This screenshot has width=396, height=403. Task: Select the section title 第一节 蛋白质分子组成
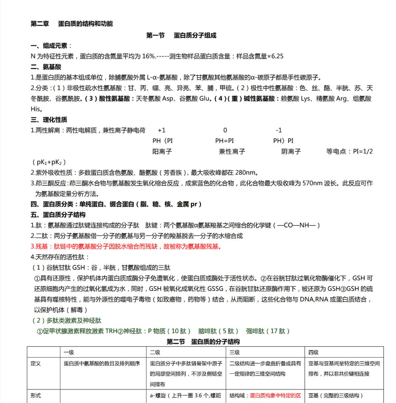click(x=181, y=36)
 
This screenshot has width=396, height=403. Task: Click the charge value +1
click(x=162, y=131)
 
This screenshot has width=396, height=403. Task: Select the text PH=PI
click(x=224, y=141)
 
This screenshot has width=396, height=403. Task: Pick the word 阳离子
click(x=162, y=151)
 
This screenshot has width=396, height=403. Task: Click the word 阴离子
click(x=291, y=151)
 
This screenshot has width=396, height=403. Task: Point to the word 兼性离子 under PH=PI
click(x=232, y=151)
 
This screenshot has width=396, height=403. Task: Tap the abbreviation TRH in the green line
click(x=111, y=331)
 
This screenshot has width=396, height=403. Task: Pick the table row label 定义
click(x=36, y=363)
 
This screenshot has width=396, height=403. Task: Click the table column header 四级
click(x=313, y=352)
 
